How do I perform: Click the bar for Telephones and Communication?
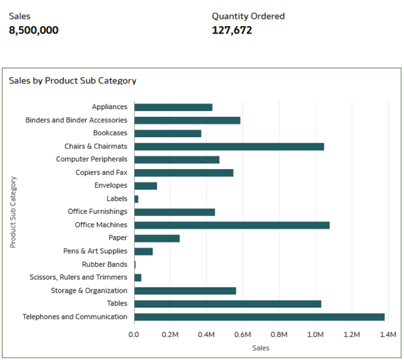[x=259, y=317]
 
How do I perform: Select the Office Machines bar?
[x=232, y=225]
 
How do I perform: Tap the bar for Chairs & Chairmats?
[x=229, y=146]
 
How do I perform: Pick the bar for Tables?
[x=228, y=303]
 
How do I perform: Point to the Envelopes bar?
[x=145, y=186]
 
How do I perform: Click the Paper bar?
[x=157, y=238]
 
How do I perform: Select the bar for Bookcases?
[x=168, y=133]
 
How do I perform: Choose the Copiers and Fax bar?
[x=184, y=172]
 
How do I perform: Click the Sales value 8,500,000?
[x=34, y=30]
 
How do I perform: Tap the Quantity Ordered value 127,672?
[x=232, y=30]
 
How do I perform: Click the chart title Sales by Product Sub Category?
[x=73, y=81]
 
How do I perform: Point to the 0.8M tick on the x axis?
[x=279, y=334]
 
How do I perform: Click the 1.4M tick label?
[x=387, y=334]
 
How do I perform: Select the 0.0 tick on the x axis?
[x=134, y=334]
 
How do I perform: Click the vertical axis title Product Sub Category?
[x=13, y=212]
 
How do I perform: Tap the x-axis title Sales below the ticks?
[x=261, y=348]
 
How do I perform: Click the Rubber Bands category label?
[x=104, y=264]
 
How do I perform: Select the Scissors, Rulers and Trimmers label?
[x=78, y=277]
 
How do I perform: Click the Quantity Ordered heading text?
[x=248, y=16]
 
